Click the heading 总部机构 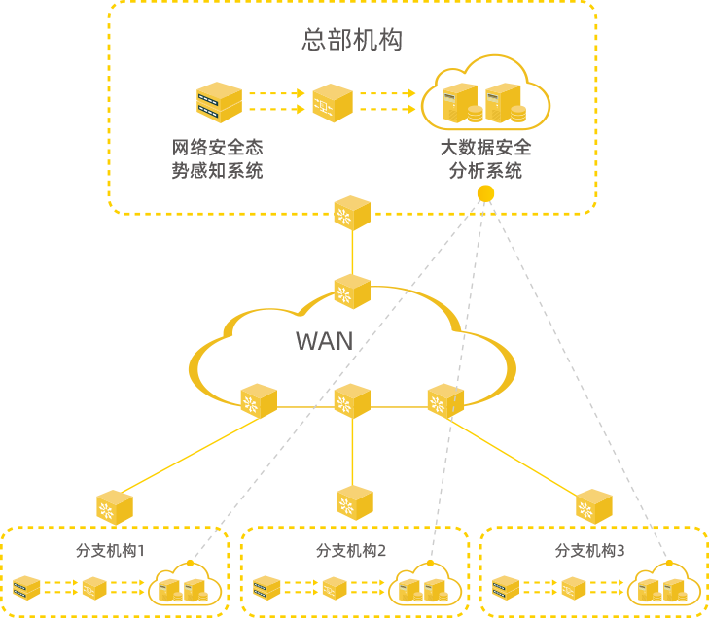click(352, 41)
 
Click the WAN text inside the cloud click(325, 341)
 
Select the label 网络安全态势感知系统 click(218, 159)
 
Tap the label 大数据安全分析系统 click(485, 159)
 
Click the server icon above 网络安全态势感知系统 click(219, 102)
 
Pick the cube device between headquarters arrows click(332, 102)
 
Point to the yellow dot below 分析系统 click(485, 194)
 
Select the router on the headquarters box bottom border click(352, 214)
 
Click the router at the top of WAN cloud click(352, 291)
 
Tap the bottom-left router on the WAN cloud click(259, 400)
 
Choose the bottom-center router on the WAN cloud click(352, 400)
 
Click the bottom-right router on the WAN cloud click(445, 400)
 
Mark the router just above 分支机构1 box click(115, 507)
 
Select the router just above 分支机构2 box click(355, 502)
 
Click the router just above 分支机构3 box click(593, 506)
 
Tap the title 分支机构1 click(111, 551)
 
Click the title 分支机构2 click(351, 551)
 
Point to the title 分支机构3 click(590, 551)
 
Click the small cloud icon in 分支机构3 click(663, 587)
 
